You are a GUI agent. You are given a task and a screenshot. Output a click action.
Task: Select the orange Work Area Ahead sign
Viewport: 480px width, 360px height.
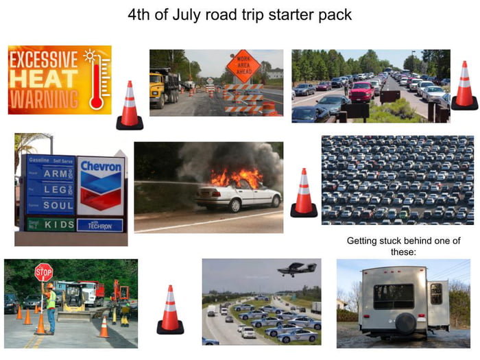click(x=243, y=66)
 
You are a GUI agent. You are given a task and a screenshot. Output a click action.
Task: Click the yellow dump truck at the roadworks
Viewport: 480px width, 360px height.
click(x=165, y=85)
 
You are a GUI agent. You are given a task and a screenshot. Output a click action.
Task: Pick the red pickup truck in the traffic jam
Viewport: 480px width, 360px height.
click(x=361, y=91)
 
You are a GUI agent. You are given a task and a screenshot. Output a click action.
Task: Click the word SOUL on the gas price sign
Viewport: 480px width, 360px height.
click(x=58, y=205)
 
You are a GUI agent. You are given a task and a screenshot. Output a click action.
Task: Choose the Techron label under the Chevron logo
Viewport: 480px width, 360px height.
click(x=100, y=225)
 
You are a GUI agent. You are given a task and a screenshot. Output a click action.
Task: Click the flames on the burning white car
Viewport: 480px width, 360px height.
click(x=236, y=178)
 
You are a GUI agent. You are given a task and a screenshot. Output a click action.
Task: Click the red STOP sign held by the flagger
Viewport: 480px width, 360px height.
click(x=43, y=272)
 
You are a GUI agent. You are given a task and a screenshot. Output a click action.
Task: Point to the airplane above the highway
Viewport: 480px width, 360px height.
click(x=296, y=269)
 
